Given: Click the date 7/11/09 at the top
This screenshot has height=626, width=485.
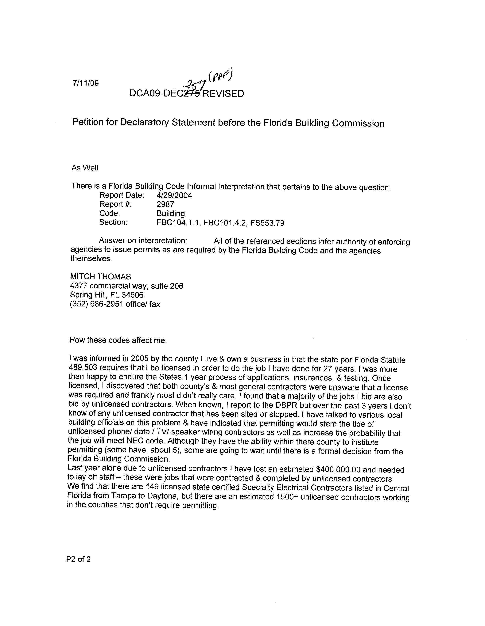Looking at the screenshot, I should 86,83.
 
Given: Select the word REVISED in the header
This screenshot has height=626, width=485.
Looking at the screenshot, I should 223,94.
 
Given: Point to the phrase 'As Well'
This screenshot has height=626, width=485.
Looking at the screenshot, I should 85,168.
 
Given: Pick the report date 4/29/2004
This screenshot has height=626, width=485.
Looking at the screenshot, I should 174,195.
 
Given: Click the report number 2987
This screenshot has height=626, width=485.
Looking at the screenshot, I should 165,204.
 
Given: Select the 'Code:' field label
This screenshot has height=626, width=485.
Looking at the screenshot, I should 110,213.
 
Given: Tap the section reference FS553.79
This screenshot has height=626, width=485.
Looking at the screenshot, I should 267,223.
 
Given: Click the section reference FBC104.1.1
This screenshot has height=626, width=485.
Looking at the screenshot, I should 179,223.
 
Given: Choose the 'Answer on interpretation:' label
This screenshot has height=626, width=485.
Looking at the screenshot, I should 143,241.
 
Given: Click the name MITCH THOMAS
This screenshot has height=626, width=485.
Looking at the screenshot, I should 100,277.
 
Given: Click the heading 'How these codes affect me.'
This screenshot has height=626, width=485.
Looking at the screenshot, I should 118,340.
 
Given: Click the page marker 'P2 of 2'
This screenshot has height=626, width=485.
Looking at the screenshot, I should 78,559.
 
